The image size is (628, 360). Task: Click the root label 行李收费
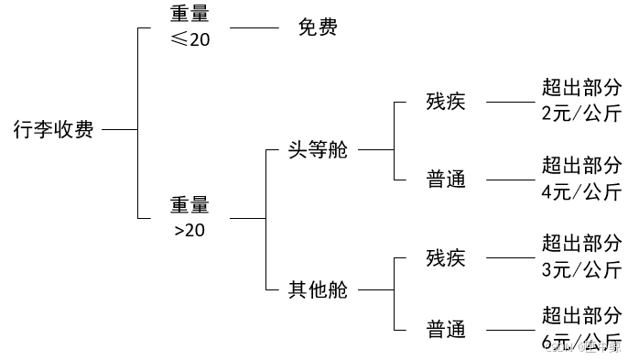coord(53,129)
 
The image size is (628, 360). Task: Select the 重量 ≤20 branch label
coord(190,27)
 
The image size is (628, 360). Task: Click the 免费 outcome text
coord(318,27)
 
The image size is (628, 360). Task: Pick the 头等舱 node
coord(318,150)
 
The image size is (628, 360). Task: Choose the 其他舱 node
coord(318,290)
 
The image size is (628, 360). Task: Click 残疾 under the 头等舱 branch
coord(446,102)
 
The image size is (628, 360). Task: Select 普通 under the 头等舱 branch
coord(446,180)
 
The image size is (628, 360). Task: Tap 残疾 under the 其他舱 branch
coord(446,257)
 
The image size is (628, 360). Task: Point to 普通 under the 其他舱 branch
coord(446,328)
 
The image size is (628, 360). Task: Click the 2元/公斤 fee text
coord(581,115)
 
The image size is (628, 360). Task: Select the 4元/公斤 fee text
coord(581,192)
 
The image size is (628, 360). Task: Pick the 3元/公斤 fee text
coord(581,270)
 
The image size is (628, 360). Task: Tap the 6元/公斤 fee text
coord(581,343)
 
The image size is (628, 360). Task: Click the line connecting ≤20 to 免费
coord(254,27)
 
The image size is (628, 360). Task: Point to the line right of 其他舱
coord(375,290)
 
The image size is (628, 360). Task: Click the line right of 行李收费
coord(119,129)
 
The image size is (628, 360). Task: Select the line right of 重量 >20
coord(247,218)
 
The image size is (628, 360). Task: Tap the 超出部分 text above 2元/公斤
coord(581,88)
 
